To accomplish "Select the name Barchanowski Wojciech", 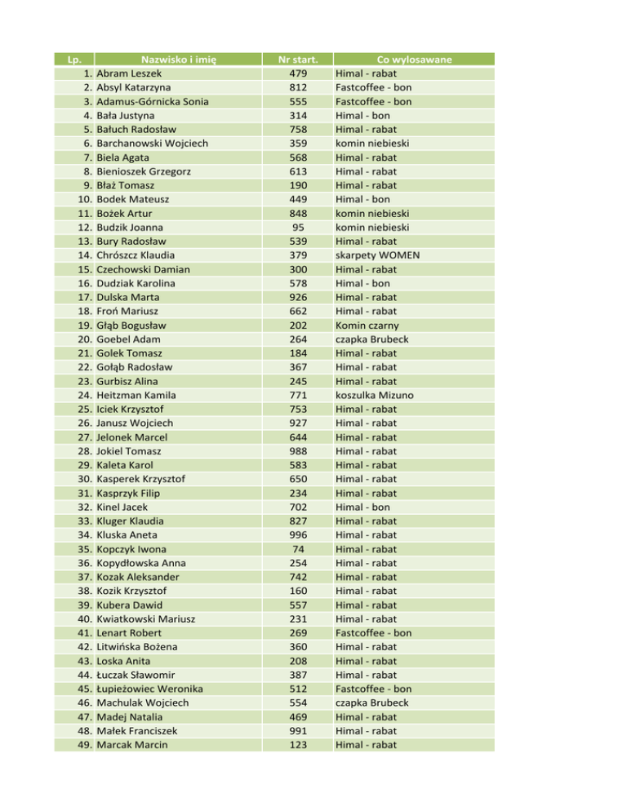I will click(x=152, y=143).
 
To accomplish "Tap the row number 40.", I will click(x=85, y=619).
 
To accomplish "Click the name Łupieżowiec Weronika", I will click(x=150, y=689).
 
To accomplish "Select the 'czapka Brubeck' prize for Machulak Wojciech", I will click(x=376, y=702).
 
